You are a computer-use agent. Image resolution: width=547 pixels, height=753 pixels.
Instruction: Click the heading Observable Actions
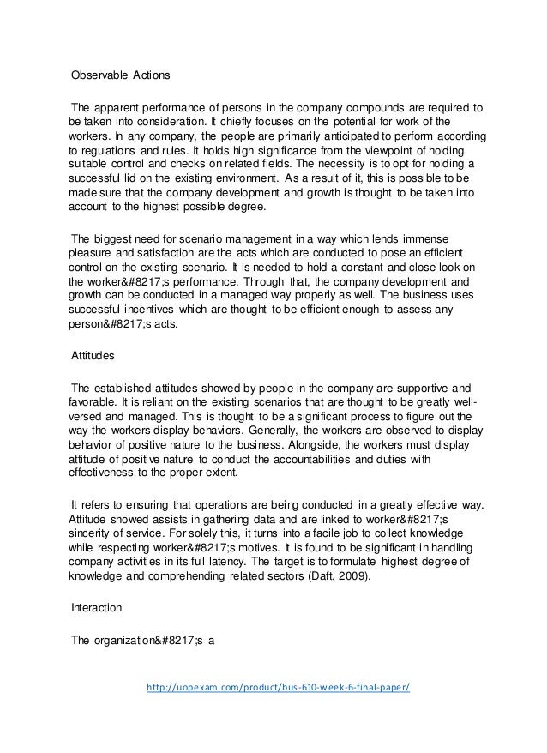pyautogui.click(x=121, y=75)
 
